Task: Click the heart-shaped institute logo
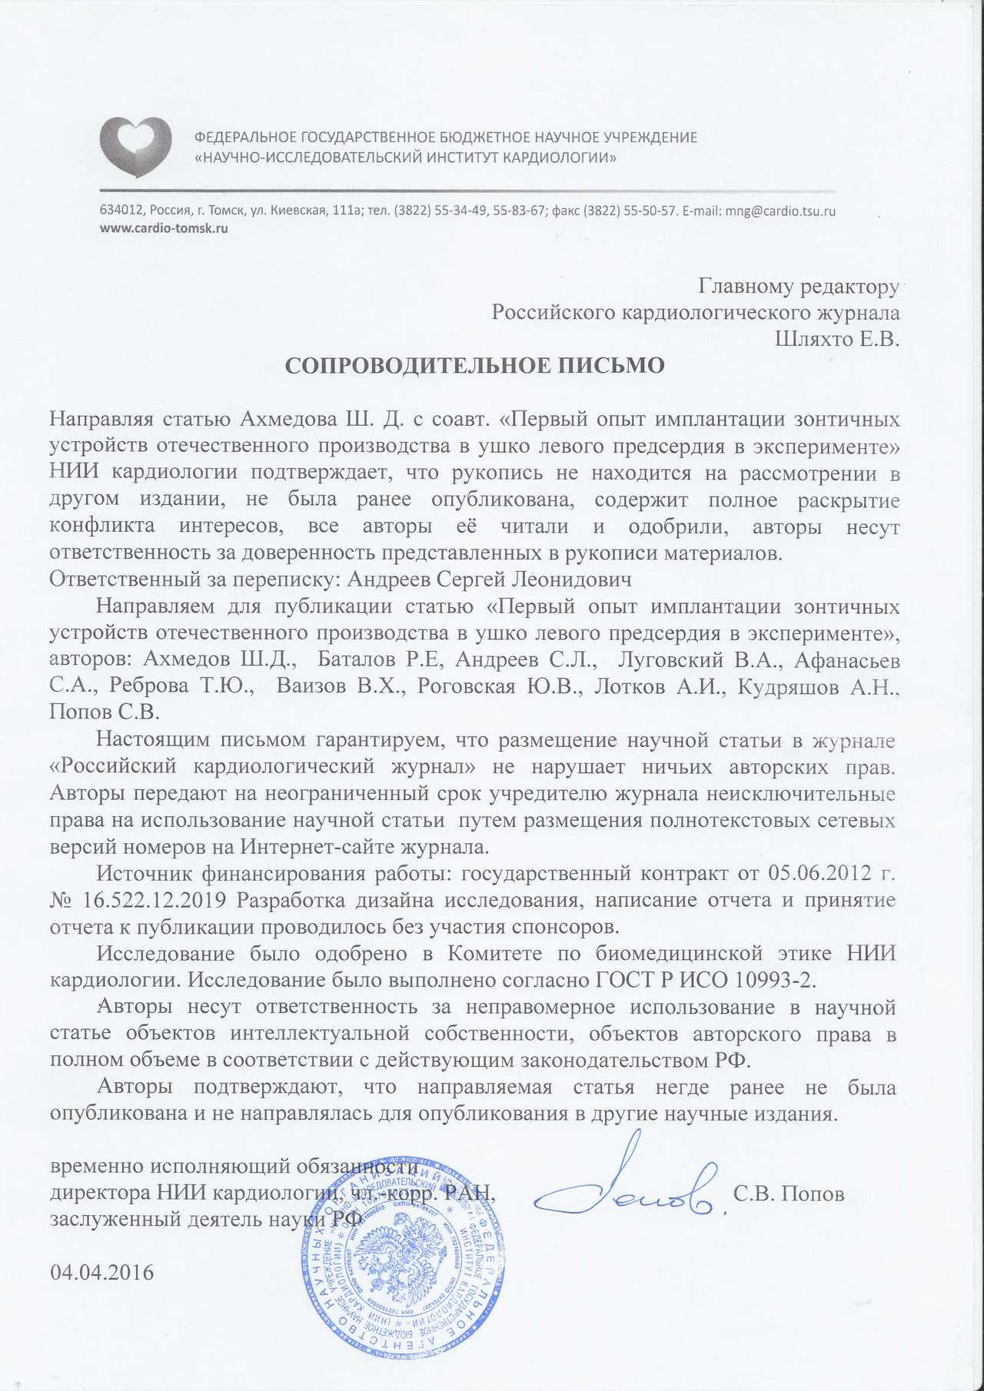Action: pos(135,147)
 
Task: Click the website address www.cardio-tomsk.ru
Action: pos(164,228)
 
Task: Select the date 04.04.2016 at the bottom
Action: pos(101,1272)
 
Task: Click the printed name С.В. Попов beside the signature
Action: pos(789,1194)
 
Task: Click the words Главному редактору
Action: pos(798,287)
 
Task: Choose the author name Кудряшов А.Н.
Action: pos(817,686)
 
